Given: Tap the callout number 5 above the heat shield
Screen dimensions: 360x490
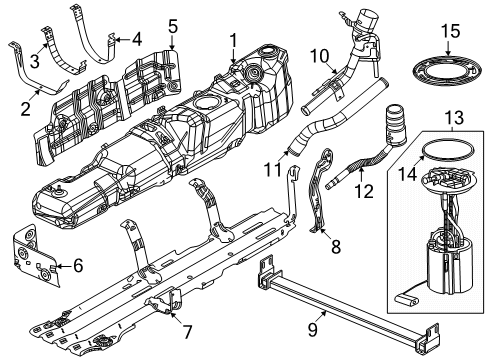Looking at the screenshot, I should (172, 25).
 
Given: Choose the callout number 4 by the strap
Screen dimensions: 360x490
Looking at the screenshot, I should (137, 39).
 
